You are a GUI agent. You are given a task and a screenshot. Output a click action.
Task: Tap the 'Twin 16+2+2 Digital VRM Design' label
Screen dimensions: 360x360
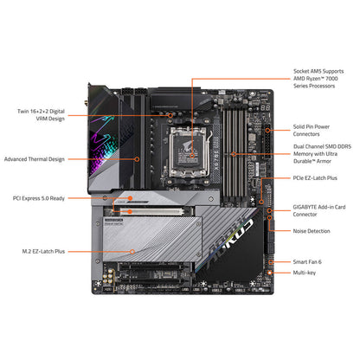coord(41,115)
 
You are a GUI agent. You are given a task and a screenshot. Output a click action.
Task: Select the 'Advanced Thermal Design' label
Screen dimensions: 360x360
coord(35,159)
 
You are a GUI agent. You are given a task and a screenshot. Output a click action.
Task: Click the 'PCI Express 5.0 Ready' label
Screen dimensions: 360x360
coord(39,198)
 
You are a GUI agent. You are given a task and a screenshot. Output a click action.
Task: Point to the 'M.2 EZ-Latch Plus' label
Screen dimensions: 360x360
coord(43,252)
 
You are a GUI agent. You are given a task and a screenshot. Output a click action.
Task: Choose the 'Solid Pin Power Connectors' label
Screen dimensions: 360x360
coord(312,130)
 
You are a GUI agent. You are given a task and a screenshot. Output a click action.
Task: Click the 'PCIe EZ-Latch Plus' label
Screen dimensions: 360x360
coord(315,178)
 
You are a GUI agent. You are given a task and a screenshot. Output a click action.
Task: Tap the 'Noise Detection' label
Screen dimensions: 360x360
coord(312,231)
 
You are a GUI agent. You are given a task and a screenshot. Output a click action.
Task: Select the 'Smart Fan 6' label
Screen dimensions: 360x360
coord(307,262)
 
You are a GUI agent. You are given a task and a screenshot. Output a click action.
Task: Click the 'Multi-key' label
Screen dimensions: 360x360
coord(305,273)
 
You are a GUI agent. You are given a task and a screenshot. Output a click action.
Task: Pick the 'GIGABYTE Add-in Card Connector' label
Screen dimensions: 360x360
coord(319,210)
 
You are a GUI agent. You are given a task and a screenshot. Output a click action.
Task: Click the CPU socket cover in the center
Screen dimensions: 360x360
coord(189,152)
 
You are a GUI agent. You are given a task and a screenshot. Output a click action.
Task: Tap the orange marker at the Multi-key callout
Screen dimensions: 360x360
coord(270,273)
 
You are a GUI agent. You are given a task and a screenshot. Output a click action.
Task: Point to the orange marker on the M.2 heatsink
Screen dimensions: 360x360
coord(132,252)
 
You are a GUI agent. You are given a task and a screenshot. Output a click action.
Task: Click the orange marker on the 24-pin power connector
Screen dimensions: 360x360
coord(267,130)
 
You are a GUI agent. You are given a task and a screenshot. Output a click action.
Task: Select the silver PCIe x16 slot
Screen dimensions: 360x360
coord(151,211)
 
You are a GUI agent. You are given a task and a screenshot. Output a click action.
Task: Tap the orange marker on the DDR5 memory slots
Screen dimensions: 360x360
coord(234,154)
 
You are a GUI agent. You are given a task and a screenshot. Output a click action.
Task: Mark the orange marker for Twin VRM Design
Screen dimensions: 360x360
coord(170,115)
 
